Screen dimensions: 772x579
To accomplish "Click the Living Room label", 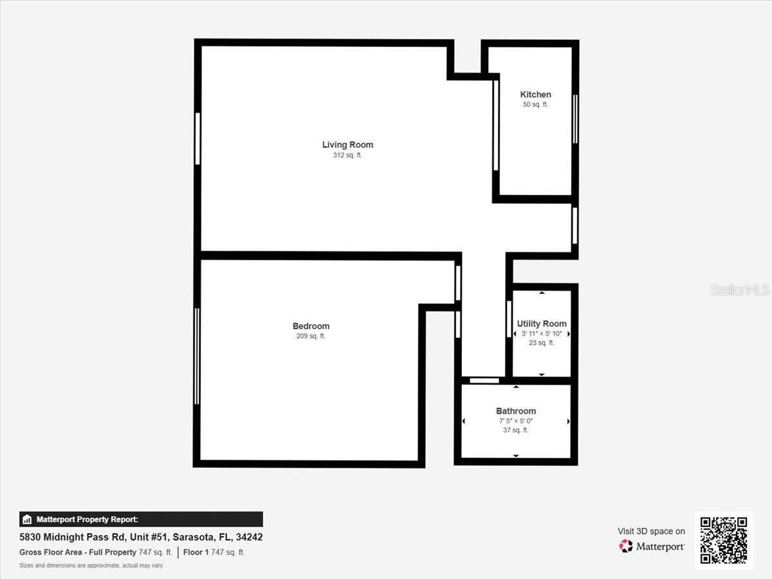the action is pos(347,145).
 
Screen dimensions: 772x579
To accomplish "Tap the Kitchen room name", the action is pos(535,94).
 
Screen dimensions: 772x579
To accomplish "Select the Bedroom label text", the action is pos(311,326).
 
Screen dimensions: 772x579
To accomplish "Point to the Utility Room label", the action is pos(542,324).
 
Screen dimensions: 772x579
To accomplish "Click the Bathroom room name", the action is pos(516,411).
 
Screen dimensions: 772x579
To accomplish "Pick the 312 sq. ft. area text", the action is pos(347,155).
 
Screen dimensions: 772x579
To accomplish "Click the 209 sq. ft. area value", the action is pos(311,336).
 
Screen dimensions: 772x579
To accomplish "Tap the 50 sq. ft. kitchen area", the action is pos(535,104).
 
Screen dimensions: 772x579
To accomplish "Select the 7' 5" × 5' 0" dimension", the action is pos(516,421).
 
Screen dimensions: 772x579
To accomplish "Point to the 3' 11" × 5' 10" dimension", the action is pos(542,334).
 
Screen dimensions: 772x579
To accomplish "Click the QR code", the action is pos(724,540).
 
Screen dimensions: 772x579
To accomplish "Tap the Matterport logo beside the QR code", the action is pos(652,546).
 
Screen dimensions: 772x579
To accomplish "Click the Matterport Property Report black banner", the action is pos(141,519).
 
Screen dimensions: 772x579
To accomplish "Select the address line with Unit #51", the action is pos(141,537).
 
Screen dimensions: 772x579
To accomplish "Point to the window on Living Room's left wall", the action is pos(198,138).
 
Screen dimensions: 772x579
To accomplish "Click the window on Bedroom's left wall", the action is pos(197,356).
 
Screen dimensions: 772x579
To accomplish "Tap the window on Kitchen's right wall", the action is pos(575,119).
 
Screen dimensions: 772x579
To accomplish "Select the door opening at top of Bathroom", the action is pos(484,380).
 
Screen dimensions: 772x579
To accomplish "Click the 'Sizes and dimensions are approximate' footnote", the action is pos(91,565).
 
